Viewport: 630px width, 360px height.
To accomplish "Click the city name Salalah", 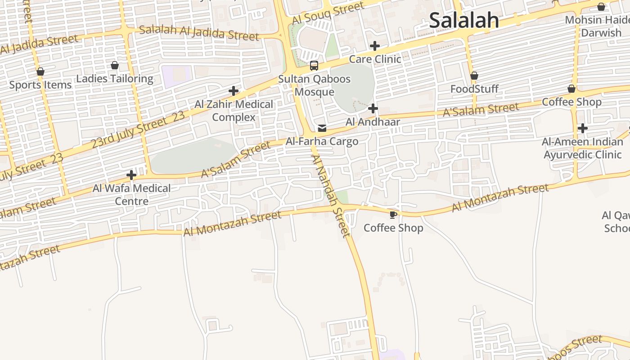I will tap(463, 20).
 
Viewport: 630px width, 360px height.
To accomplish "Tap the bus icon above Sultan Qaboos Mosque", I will tap(314, 66).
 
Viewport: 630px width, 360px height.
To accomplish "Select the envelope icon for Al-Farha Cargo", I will tap(322, 128).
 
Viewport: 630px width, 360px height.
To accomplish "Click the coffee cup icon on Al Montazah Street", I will tap(393, 215).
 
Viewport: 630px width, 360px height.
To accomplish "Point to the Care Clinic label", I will tap(375, 59).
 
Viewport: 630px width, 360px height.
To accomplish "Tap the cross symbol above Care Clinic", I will tap(374, 46).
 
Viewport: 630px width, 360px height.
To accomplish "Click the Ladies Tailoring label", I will tap(115, 79).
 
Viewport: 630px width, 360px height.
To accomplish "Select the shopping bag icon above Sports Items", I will tap(40, 72).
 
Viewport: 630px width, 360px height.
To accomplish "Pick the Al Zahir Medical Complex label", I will tap(234, 111).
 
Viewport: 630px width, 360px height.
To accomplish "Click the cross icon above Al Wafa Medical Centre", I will tap(131, 175).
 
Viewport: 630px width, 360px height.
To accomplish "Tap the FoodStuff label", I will tap(474, 89).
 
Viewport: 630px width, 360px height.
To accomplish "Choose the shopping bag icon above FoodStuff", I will tap(474, 76).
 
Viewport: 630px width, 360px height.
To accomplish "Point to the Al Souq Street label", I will tap(328, 13).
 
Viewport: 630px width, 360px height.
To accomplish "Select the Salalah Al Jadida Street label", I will tap(199, 33).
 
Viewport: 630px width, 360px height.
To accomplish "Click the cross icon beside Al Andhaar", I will tap(373, 108).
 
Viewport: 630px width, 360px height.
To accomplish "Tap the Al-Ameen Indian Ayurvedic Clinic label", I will tap(582, 148).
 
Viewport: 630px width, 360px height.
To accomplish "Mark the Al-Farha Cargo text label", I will tap(322, 141).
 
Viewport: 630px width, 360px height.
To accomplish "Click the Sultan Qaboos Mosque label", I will tap(314, 85).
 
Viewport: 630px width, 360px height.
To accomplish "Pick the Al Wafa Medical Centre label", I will tap(131, 194).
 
